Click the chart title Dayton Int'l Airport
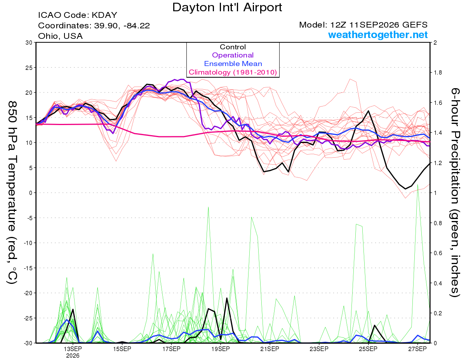click(227, 7)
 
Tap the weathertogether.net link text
click(378, 35)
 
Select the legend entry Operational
click(233, 55)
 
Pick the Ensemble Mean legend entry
click(233, 64)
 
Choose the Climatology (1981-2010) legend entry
click(233, 72)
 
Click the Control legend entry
click(233, 47)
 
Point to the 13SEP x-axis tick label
click(73, 349)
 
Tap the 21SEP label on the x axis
click(270, 349)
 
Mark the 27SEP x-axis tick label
click(417, 349)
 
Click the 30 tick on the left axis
click(29, 43)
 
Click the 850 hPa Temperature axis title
click(12, 193)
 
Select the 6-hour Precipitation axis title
click(455, 193)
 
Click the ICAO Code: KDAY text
click(78, 15)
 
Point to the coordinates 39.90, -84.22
click(122, 26)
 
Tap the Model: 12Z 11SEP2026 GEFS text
click(363, 25)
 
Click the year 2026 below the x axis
click(73, 356)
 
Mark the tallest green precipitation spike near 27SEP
click(417, 184)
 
